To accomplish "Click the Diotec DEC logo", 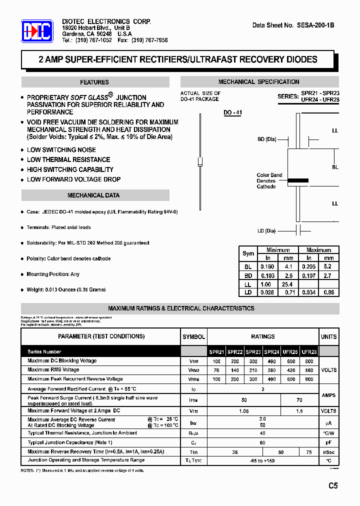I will [37, 31].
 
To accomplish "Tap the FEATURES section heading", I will [94, 82].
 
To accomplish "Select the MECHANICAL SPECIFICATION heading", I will [258, 82].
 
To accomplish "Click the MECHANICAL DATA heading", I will [93, 195].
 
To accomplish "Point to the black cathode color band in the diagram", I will [298, 180].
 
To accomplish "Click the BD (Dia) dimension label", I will [266, 139].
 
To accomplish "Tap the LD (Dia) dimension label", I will [266, 231].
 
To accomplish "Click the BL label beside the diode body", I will [335, 167].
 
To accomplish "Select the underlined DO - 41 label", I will [232, 113].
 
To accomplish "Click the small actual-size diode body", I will [200, 162].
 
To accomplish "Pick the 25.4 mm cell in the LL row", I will [288, 284].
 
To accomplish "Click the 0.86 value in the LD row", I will [328, 292].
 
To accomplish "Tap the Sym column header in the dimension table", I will [248, 253].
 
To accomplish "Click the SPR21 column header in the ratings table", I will [216, 352].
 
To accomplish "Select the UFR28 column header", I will [309, 352].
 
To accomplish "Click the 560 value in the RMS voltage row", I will [309, 370].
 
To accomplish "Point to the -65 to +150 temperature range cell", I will [262, 461].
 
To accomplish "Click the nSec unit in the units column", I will [328, 452].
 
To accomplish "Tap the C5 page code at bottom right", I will [333, 485].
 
